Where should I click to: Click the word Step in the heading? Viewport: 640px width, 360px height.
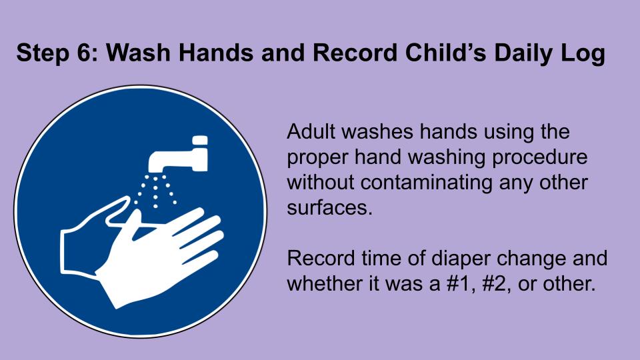[x=43, y=53]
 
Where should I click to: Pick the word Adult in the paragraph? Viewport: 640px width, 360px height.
[x=311, y=131]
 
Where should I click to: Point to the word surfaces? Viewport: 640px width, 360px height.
[x=329, y=207]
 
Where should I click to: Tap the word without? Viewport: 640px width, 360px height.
[x=321, y=183]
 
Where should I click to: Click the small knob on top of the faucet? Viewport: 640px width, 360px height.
[x=199, y=140]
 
